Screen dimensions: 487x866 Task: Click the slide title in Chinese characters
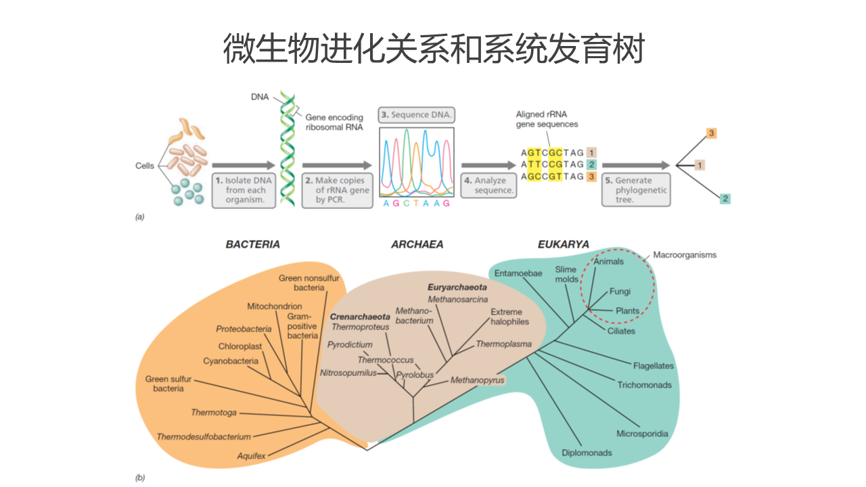[433, 49]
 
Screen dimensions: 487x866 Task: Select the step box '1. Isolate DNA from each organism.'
[245, 190]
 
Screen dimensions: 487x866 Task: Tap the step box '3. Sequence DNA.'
[416, 115]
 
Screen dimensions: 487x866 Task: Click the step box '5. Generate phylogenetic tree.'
[636, 190]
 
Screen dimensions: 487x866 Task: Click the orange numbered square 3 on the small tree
[711, 133]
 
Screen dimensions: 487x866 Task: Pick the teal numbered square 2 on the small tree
[725, 199]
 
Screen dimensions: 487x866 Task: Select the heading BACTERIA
[252, 244]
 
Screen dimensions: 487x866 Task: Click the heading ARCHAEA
[417, 244]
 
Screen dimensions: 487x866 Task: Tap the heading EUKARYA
[563, 244]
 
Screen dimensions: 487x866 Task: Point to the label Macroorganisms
[684, 255]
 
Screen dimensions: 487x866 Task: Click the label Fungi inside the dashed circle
[620, 292]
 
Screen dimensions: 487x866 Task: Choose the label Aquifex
[251, 456]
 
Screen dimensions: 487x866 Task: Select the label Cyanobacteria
[231, 361]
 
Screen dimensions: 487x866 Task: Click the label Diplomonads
[587, 453]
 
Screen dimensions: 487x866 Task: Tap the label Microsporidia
[642, 434]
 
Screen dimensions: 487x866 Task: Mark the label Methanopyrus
[478, 380]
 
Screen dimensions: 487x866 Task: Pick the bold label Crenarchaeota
[360, 316]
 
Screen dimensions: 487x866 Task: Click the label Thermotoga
[214, 413]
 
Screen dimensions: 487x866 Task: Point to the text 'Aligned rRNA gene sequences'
[547, 119]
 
